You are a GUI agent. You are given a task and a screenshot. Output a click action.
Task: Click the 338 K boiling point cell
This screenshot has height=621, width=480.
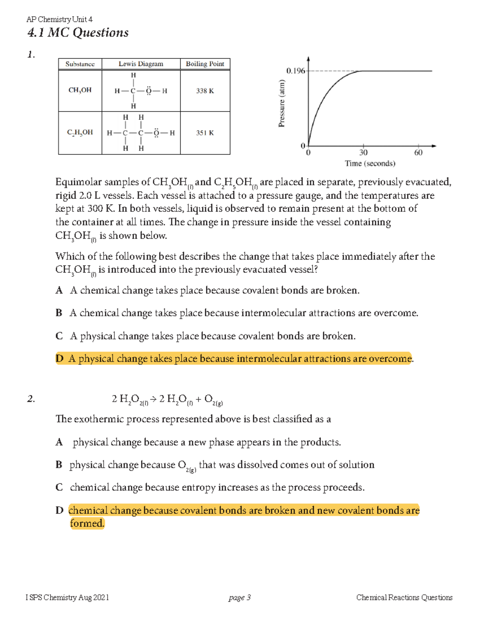click(205, 91)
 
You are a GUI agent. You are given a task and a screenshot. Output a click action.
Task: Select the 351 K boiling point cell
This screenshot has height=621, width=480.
click(205, 133)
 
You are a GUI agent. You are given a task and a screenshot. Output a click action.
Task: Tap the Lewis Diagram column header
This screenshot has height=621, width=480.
click(141, 64)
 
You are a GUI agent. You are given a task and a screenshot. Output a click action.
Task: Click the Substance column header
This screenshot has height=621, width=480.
click(80, 64)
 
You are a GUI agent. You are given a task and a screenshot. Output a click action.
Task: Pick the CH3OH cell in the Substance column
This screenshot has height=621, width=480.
click(80, 90)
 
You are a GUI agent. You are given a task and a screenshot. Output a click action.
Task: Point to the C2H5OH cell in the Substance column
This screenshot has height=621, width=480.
click(80, 132)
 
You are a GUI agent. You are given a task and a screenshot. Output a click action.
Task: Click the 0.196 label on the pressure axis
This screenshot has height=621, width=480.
click(295, 71)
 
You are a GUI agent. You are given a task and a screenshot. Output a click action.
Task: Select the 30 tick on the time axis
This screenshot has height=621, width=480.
click(363, 152)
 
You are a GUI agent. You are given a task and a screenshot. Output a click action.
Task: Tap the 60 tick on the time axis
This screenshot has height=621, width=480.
click(418, 152)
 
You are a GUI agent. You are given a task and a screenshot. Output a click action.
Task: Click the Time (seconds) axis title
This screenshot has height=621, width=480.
click(370, 164)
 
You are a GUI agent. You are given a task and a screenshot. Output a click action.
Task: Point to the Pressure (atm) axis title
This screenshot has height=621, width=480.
click(282, 104)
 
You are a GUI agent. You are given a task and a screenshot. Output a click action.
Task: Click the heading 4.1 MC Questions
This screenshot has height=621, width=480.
click(78, 32)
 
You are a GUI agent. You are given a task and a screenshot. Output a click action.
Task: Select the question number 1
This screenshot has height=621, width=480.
click(31, 55)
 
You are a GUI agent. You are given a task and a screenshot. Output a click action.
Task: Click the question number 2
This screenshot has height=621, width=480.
click(31, 399)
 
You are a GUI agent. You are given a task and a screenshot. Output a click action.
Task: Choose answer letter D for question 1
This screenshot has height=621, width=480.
click(60, 359)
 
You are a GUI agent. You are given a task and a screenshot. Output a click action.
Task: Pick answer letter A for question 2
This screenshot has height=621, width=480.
click(59, 442)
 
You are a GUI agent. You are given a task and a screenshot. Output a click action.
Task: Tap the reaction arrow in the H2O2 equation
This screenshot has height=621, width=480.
click(153, 399)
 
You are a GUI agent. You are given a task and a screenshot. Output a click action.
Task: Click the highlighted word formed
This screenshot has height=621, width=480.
click(87, 523)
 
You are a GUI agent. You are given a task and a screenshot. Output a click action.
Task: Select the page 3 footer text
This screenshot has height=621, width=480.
click(240, 597)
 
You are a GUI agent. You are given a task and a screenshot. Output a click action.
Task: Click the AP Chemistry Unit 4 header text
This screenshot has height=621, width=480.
click(59, 19)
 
